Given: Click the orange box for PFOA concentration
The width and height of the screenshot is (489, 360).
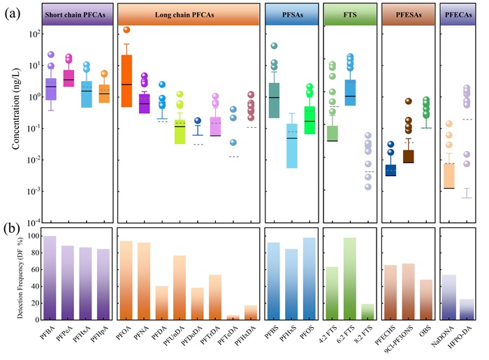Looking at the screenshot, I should pyautogui.click(x=126, y=77).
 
